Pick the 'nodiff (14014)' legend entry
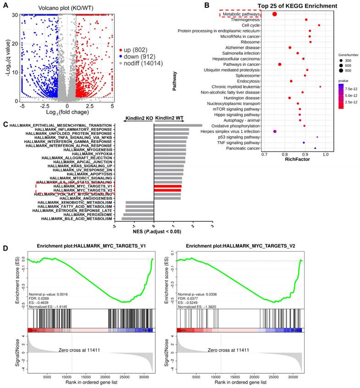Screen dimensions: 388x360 pyautogui.click(x=144, y=64)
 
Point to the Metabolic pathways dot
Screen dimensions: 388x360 pyautogui.click(x=274, y=14)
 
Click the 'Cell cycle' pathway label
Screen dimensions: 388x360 pyautogui.click(x=248, y=25)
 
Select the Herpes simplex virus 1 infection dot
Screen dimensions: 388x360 pyautogui.click(x=275, y=131)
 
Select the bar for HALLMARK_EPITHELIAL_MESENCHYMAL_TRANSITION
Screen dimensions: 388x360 pyautogui.click(x=178, y=125)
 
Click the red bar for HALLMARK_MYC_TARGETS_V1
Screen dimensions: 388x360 pyautogui.click(x=167, y=186)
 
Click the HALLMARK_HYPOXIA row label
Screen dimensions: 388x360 pyautogui.click(x=94, y=153)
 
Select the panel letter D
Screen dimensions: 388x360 pyautogui.click(x=6, y=248)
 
